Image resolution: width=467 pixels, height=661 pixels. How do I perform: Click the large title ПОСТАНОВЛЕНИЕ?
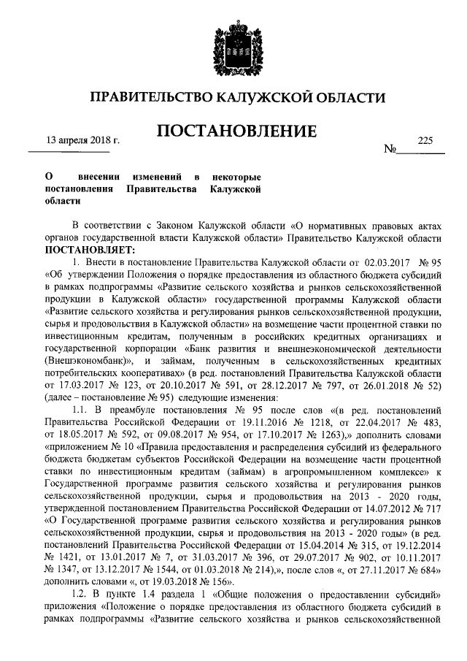(x=237, y=131)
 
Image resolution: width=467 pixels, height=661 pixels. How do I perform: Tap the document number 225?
(x=425, y=139)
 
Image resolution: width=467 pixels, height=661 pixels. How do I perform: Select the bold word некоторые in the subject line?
(x=236, y=177)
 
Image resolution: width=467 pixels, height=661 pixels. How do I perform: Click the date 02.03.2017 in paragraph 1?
(x=386, y=261)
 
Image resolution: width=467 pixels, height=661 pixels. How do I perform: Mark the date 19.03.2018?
(x=165, y=584)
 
